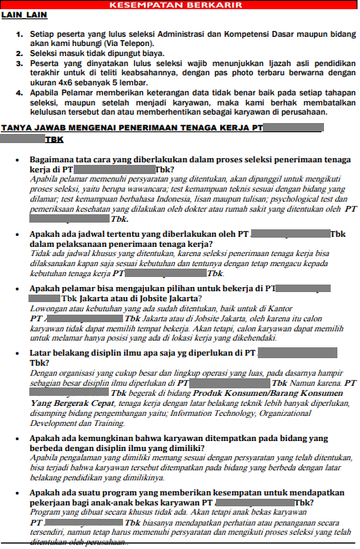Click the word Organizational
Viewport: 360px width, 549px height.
[x=294, y=436]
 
